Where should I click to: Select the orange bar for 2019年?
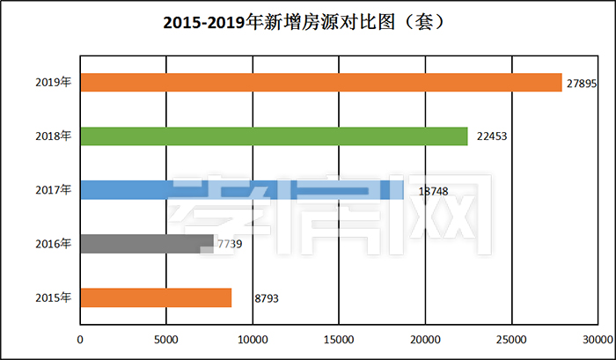tap(320, 82)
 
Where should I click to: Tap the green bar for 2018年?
tap(274, 136)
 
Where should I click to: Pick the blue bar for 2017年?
tap(241, 189)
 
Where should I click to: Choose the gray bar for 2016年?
tap(146, 243)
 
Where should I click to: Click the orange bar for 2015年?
tap(156, 298)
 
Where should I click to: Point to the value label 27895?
tap(583, 83)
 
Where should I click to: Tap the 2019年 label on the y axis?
tap(54, 82)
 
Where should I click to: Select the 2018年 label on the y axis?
tap(54, 136)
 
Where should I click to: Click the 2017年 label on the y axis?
tap(54, 189)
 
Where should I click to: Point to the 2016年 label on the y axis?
tap(54, 243)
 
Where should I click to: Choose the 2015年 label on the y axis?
tap(54, 298)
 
